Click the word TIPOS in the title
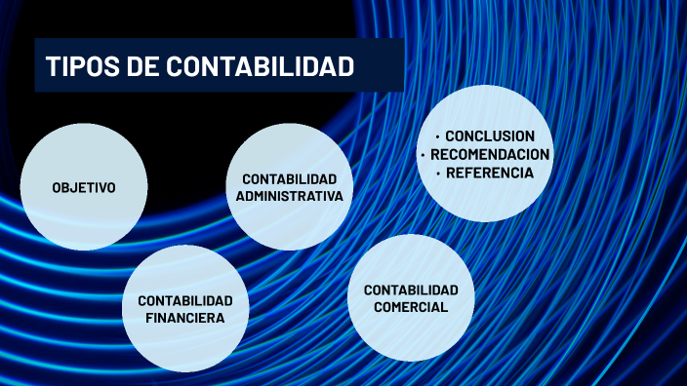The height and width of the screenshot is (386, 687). [x=81, y=67]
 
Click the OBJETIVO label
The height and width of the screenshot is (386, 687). [x=84, y=187]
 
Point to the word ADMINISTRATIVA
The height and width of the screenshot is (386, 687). [x=290, y=196]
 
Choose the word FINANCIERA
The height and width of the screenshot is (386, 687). [x=185, y=318]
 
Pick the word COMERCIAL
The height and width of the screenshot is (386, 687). [x=411, y=307]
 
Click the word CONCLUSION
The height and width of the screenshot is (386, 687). [x=490, y=136]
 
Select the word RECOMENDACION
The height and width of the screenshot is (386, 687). [x=490, y=155]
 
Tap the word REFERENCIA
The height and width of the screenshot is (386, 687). [x=490, y=174]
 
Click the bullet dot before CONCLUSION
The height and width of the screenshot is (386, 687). [x=438, y=136]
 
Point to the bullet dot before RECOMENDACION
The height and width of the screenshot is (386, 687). [x=423, y=155]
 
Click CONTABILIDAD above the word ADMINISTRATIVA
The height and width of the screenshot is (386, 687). [x=290, y=178]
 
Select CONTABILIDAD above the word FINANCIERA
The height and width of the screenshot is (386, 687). [x=185, y=300]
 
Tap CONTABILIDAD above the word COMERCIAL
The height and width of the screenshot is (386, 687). [x=411, y=289]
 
